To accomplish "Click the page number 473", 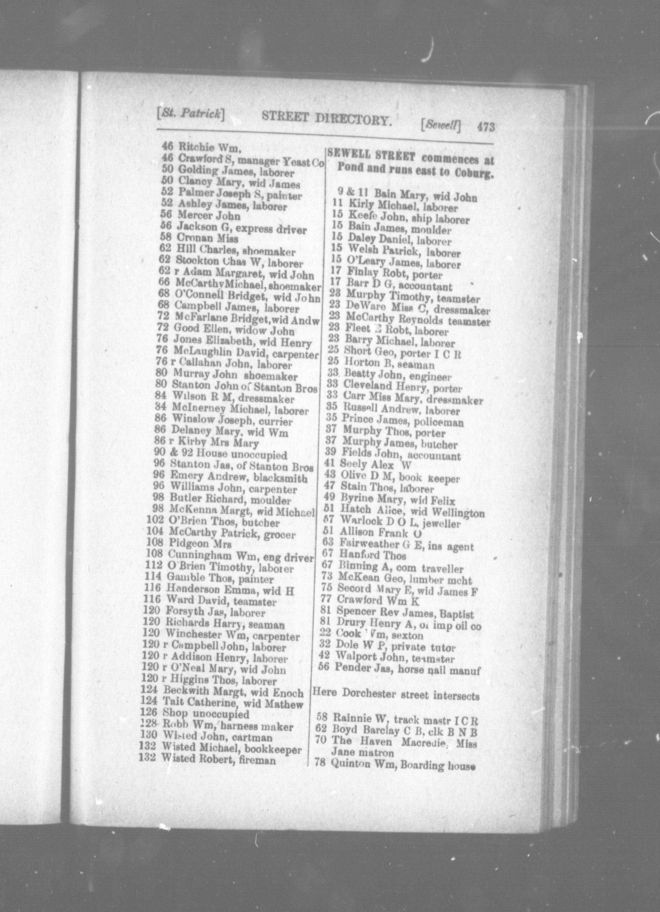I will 485,127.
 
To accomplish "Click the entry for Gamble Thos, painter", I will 220,579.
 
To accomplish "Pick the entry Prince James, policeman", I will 402,421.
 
